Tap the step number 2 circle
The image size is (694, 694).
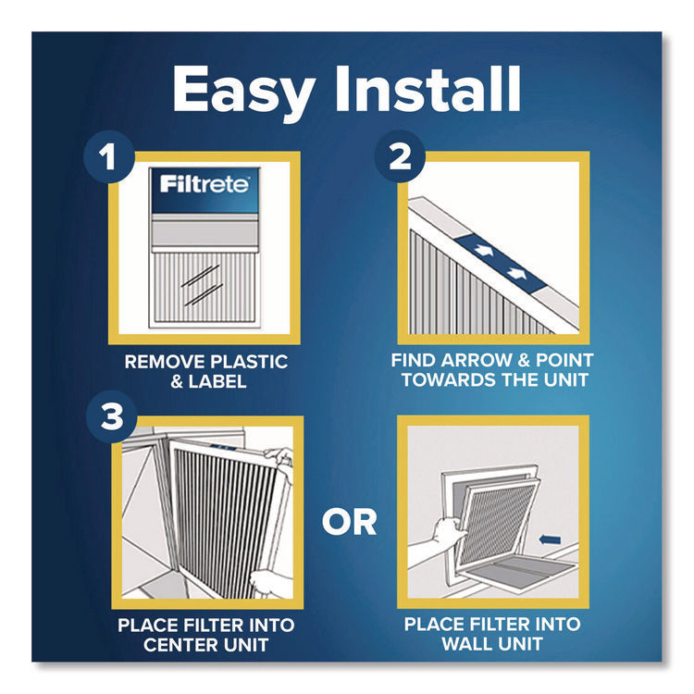click(400, 157)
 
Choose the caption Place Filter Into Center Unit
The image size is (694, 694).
click(205, 634)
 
